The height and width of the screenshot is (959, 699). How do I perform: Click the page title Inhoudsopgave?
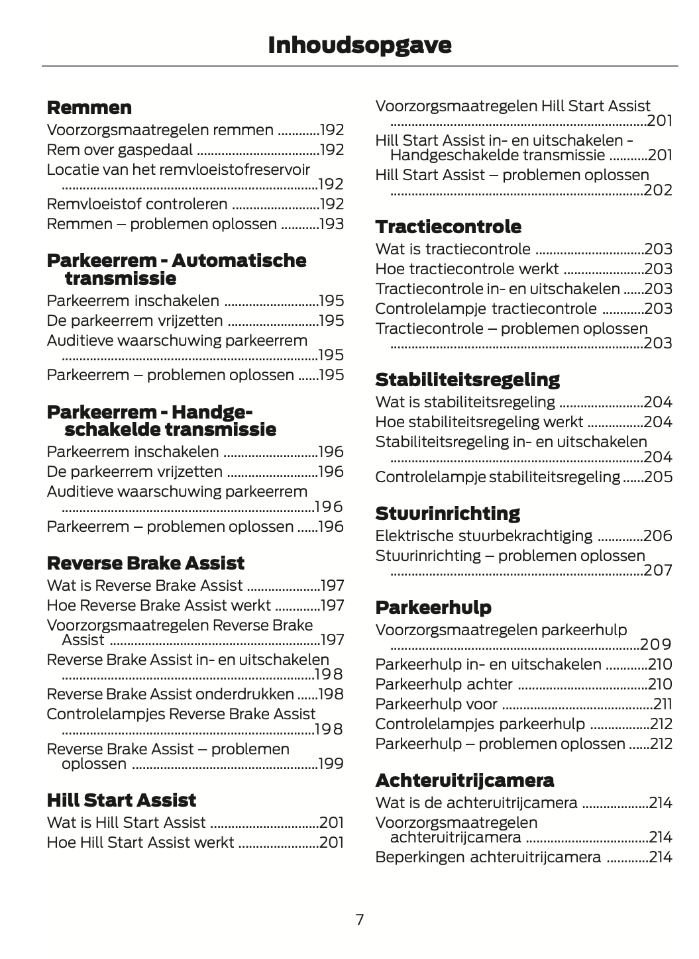pos(360,45)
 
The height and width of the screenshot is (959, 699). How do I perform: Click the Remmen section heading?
pos(89,107)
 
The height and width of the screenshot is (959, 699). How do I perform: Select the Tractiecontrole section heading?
pos(448,227)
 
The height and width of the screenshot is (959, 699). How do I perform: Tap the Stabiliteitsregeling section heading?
pos(467,379)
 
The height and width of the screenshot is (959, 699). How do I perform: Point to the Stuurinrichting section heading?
pos(447,513)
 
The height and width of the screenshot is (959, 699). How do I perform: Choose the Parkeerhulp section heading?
pos(433,607)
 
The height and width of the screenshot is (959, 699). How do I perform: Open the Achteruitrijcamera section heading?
pos(464,780)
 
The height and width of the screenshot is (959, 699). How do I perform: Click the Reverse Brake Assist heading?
pos(146,563)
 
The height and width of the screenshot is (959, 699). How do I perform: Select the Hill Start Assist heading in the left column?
pos(121,800)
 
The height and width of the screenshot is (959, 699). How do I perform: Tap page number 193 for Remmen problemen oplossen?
pos(331,224)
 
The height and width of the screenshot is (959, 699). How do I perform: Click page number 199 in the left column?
pos(331,764)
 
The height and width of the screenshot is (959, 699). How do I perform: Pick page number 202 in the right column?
pos(659,190)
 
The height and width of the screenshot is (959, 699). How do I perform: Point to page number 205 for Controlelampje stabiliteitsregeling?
pos(659,477)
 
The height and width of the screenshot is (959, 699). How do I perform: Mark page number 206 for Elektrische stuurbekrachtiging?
pos(659,536)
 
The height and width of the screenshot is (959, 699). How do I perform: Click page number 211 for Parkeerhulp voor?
pos(663,704)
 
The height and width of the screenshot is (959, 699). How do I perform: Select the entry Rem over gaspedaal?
pos(119,150)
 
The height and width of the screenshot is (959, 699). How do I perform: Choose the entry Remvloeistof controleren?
pos(137,204)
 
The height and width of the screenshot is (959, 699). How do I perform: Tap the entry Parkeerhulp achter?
pos(444,684)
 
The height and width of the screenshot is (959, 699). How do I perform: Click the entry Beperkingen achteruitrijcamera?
pos(488,857)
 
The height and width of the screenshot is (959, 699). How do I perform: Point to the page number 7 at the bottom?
pos(360,919)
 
